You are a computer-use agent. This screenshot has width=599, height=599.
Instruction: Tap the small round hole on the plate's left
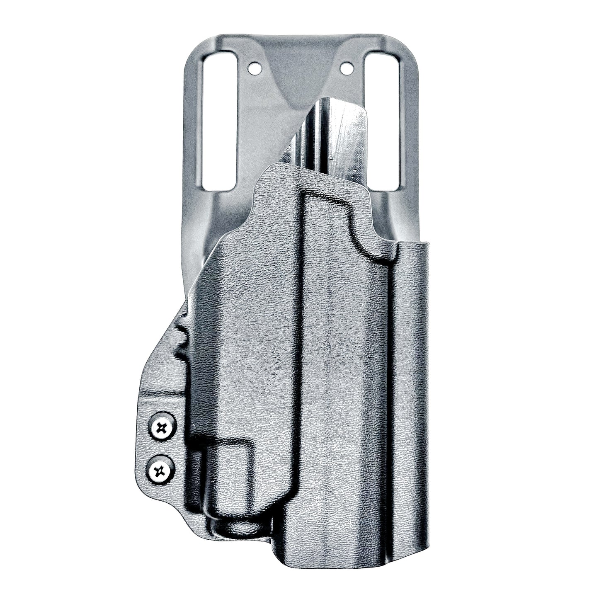255,66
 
